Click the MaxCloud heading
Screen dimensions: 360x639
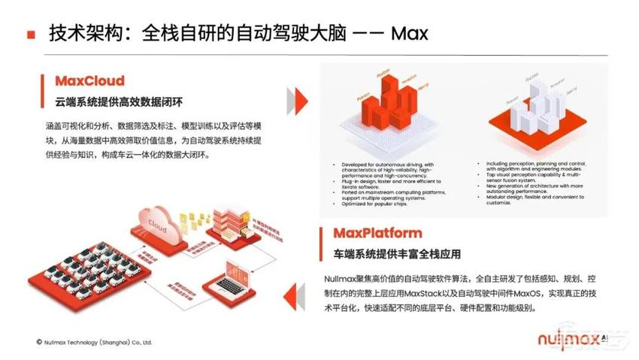pos(89,80)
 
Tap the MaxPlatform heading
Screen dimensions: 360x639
pos(371,233)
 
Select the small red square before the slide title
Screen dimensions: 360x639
pos(31,35)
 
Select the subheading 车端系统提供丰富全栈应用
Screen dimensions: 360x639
pos(397,254)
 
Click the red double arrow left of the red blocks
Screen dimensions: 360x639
pos(299,98)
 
